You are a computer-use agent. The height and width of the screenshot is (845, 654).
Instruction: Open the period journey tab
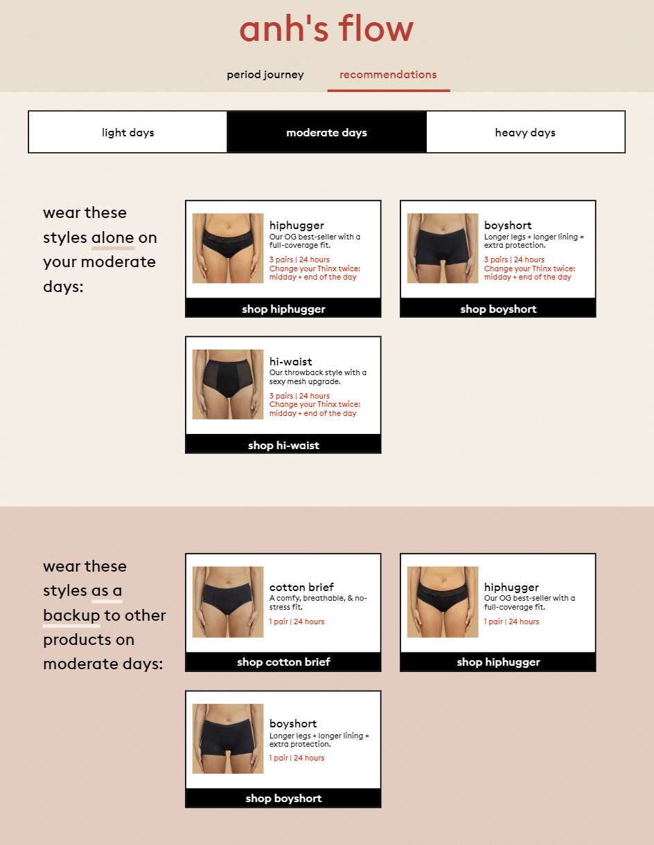click(265, 74)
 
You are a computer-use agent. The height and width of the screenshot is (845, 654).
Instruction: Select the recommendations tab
click(388, 74)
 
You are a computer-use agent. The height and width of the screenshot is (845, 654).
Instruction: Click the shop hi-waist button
click(283, 444)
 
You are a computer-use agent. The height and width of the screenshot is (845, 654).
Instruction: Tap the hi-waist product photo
click(228, 384)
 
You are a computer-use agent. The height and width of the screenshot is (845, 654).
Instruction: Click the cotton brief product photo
click(228, 601)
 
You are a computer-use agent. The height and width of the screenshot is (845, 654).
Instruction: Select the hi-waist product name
click(290, 361)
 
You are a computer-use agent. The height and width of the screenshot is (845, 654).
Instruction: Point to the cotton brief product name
click(301, 587)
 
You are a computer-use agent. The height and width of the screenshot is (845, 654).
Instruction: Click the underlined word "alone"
click(113, 237)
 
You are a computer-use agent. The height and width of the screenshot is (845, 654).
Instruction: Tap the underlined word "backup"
click(71, 615)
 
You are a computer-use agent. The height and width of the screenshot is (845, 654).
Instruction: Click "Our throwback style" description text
click(318, 376)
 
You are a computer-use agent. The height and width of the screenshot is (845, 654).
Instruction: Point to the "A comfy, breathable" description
click(318, 602)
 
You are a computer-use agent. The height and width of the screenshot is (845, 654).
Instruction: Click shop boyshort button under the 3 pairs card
click(498, 309)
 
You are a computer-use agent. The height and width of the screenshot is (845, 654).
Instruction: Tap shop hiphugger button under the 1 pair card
click(498, 662)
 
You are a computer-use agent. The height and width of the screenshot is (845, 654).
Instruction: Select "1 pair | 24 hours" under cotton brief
click(297, 621)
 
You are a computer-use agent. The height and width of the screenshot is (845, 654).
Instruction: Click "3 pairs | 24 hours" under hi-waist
click(299, 396)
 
